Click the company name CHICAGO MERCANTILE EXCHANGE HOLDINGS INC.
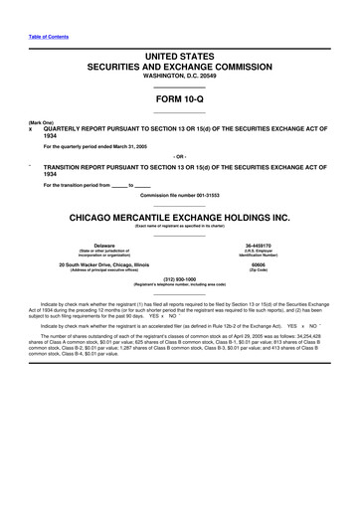pos(179,216)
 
